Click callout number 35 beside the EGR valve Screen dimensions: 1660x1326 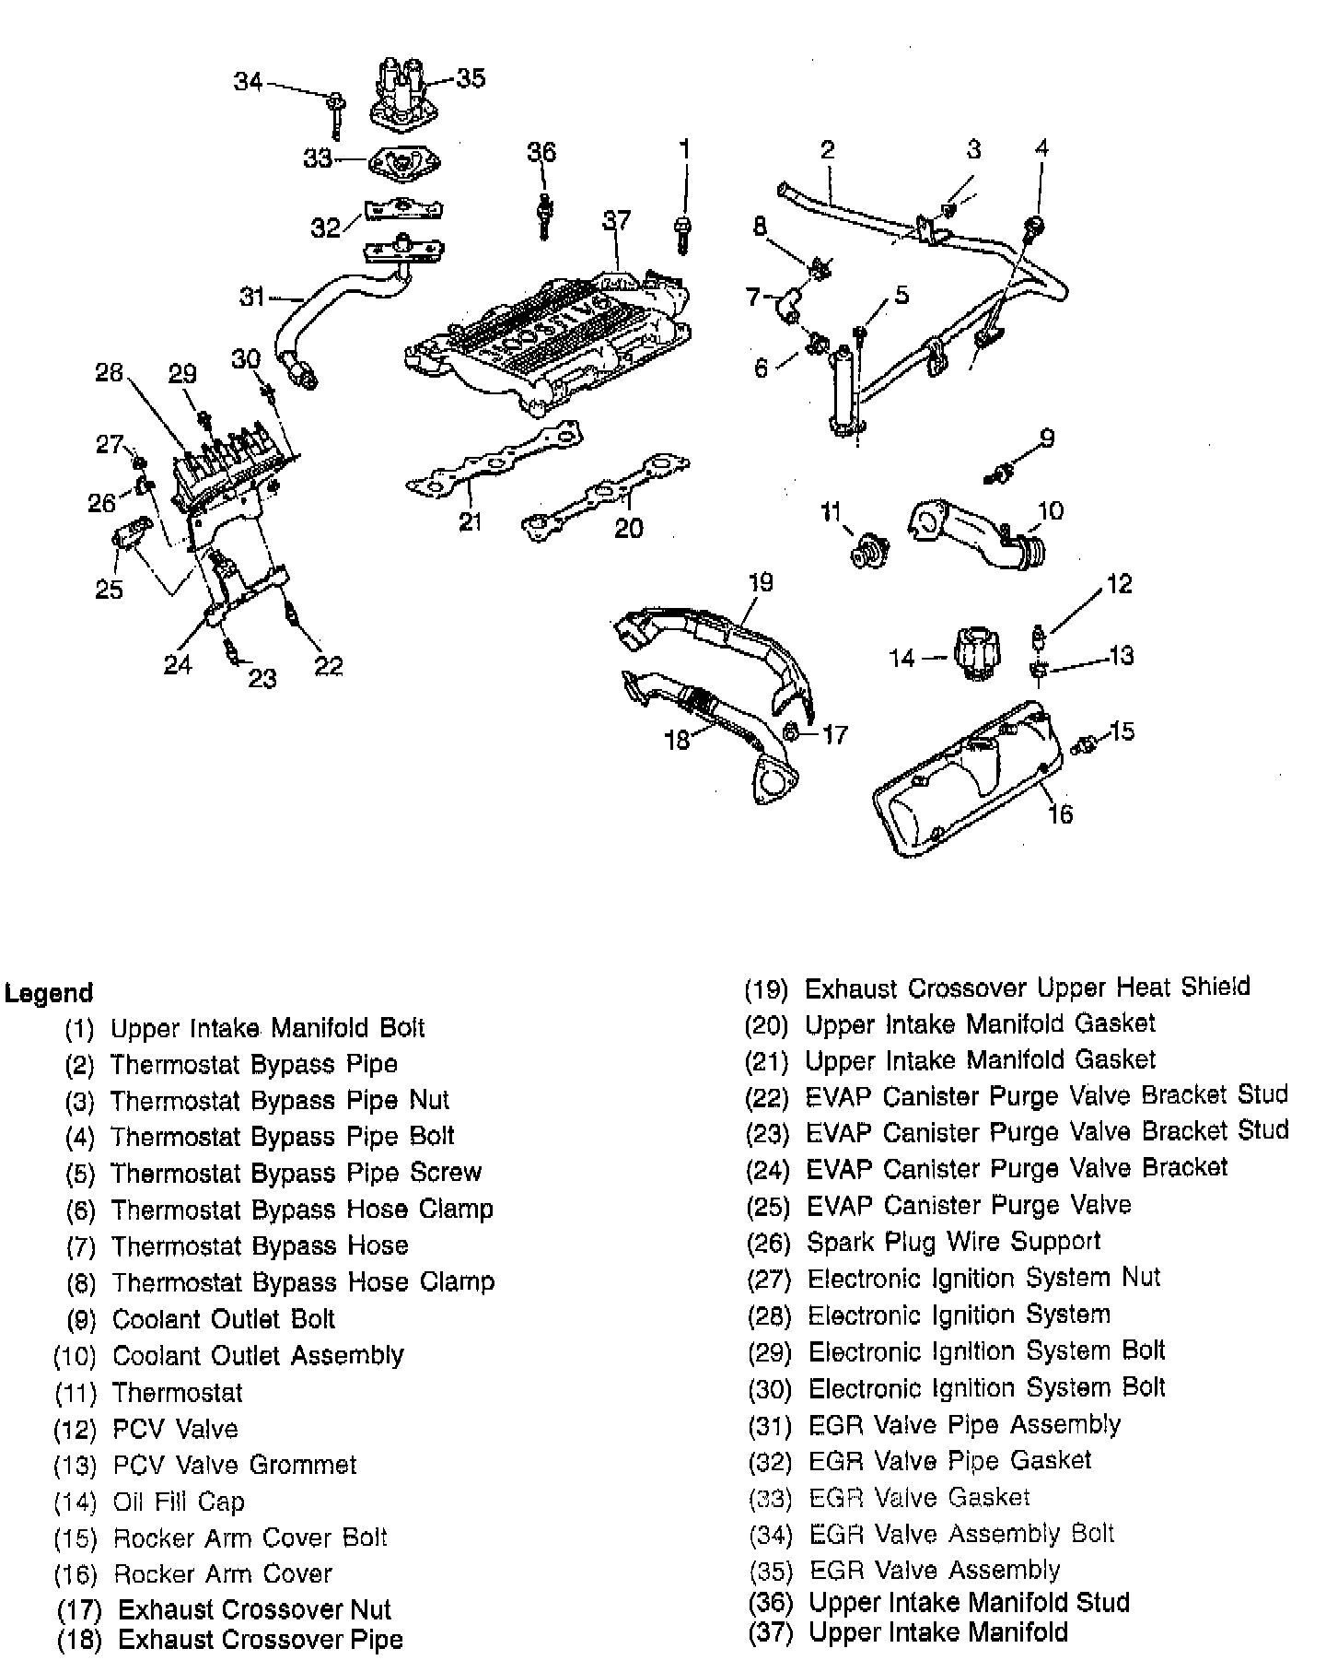[x=471, y=78]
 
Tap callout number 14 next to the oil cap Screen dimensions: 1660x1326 [x=901, y=657]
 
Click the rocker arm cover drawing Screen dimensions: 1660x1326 [x=967, y=783]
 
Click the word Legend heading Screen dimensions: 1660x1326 [x=49, y=993]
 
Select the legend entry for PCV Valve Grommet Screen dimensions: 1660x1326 [x=234, y=1465]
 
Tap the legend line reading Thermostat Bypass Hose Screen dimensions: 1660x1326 [x=260, y=1245]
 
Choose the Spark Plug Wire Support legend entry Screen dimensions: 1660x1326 [x=953, y=1241]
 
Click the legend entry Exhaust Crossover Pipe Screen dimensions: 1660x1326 [x=261, y=1640]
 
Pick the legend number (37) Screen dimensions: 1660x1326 [x=768, y=1632]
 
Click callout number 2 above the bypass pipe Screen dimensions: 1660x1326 [x=827, y=149]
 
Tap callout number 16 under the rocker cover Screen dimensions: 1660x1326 [x=1061, y=813]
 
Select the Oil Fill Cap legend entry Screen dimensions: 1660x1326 [x=179, y=1502]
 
